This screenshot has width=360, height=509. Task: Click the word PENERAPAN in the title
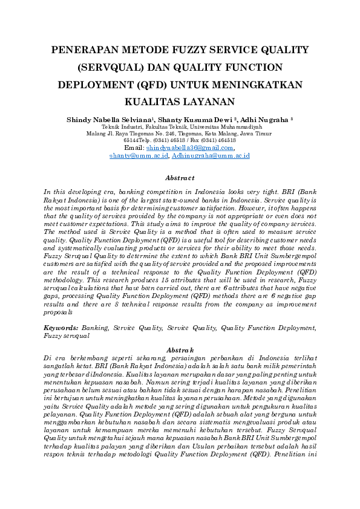coord(87,50)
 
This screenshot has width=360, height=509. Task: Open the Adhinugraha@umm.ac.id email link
coord(211,156)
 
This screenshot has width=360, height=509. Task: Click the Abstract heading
coord(180,178)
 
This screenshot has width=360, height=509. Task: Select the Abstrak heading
coord(180,349)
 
